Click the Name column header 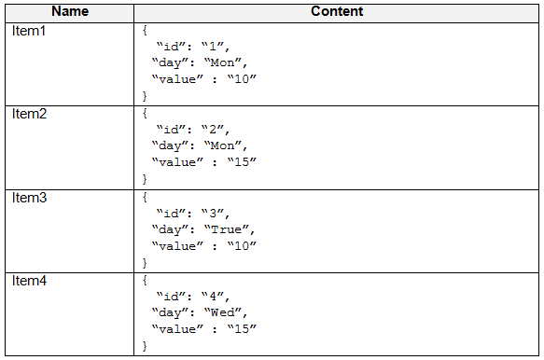coord(70,11)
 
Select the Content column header coord(337,11)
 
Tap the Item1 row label coord(29,31)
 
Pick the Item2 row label coord(29,114)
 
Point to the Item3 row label coord(29,198)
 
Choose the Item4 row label coord(29,281)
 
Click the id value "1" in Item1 coord(213,46)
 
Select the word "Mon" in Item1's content coord(222,62)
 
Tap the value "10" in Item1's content coord(242,79)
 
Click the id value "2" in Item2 coord(213,130)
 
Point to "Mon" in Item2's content coord(222,145)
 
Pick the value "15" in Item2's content coord(242,162)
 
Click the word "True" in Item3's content coord(226,229)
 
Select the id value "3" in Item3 coord(213,213)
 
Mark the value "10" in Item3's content coord(242,246)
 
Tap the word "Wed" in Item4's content coord(222,312)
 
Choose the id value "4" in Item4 coord(213,297)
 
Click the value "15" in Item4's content coord(242,329)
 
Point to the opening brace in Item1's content coord(145,30)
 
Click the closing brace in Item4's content coord(145,346)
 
